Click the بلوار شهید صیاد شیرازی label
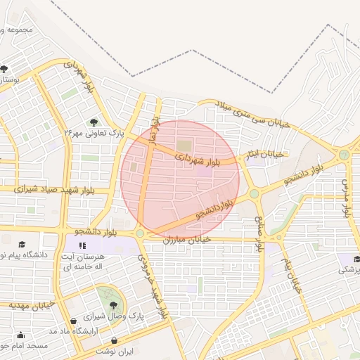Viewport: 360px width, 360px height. point(43,188)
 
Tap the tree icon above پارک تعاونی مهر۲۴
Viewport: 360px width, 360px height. point(95,122)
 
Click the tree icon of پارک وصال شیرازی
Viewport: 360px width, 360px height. point(113,305)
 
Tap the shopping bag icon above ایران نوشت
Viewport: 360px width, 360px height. point(115,340)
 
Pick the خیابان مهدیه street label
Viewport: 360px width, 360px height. point(32,305)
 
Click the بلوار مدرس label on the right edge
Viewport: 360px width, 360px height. point(346,197)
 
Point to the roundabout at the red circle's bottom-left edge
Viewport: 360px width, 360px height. point(140,233)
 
